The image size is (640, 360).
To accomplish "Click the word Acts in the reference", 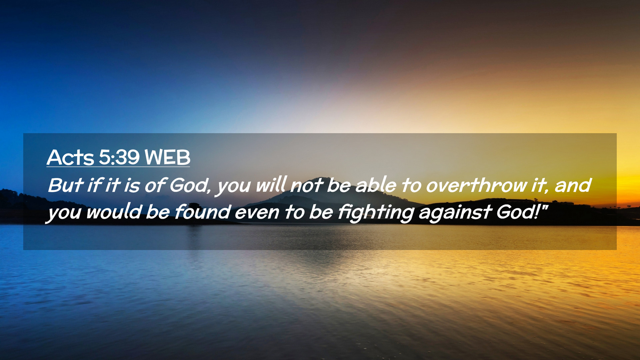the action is tap(70, 157).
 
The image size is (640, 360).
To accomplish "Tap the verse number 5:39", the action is tap(119, 157).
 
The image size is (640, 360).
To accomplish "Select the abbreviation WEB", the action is tap(167, 157).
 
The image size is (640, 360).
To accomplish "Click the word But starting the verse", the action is tap(66, 185).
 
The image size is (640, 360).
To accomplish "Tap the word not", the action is tap(307, 186).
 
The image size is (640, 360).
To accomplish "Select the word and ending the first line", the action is tap(573, 185).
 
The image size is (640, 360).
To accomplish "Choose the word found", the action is tap(202, 212).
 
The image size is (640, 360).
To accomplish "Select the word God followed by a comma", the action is tap(190, 185).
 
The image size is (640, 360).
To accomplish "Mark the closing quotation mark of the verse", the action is tap(545, 207).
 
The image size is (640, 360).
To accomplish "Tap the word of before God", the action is tap(155, 185).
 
